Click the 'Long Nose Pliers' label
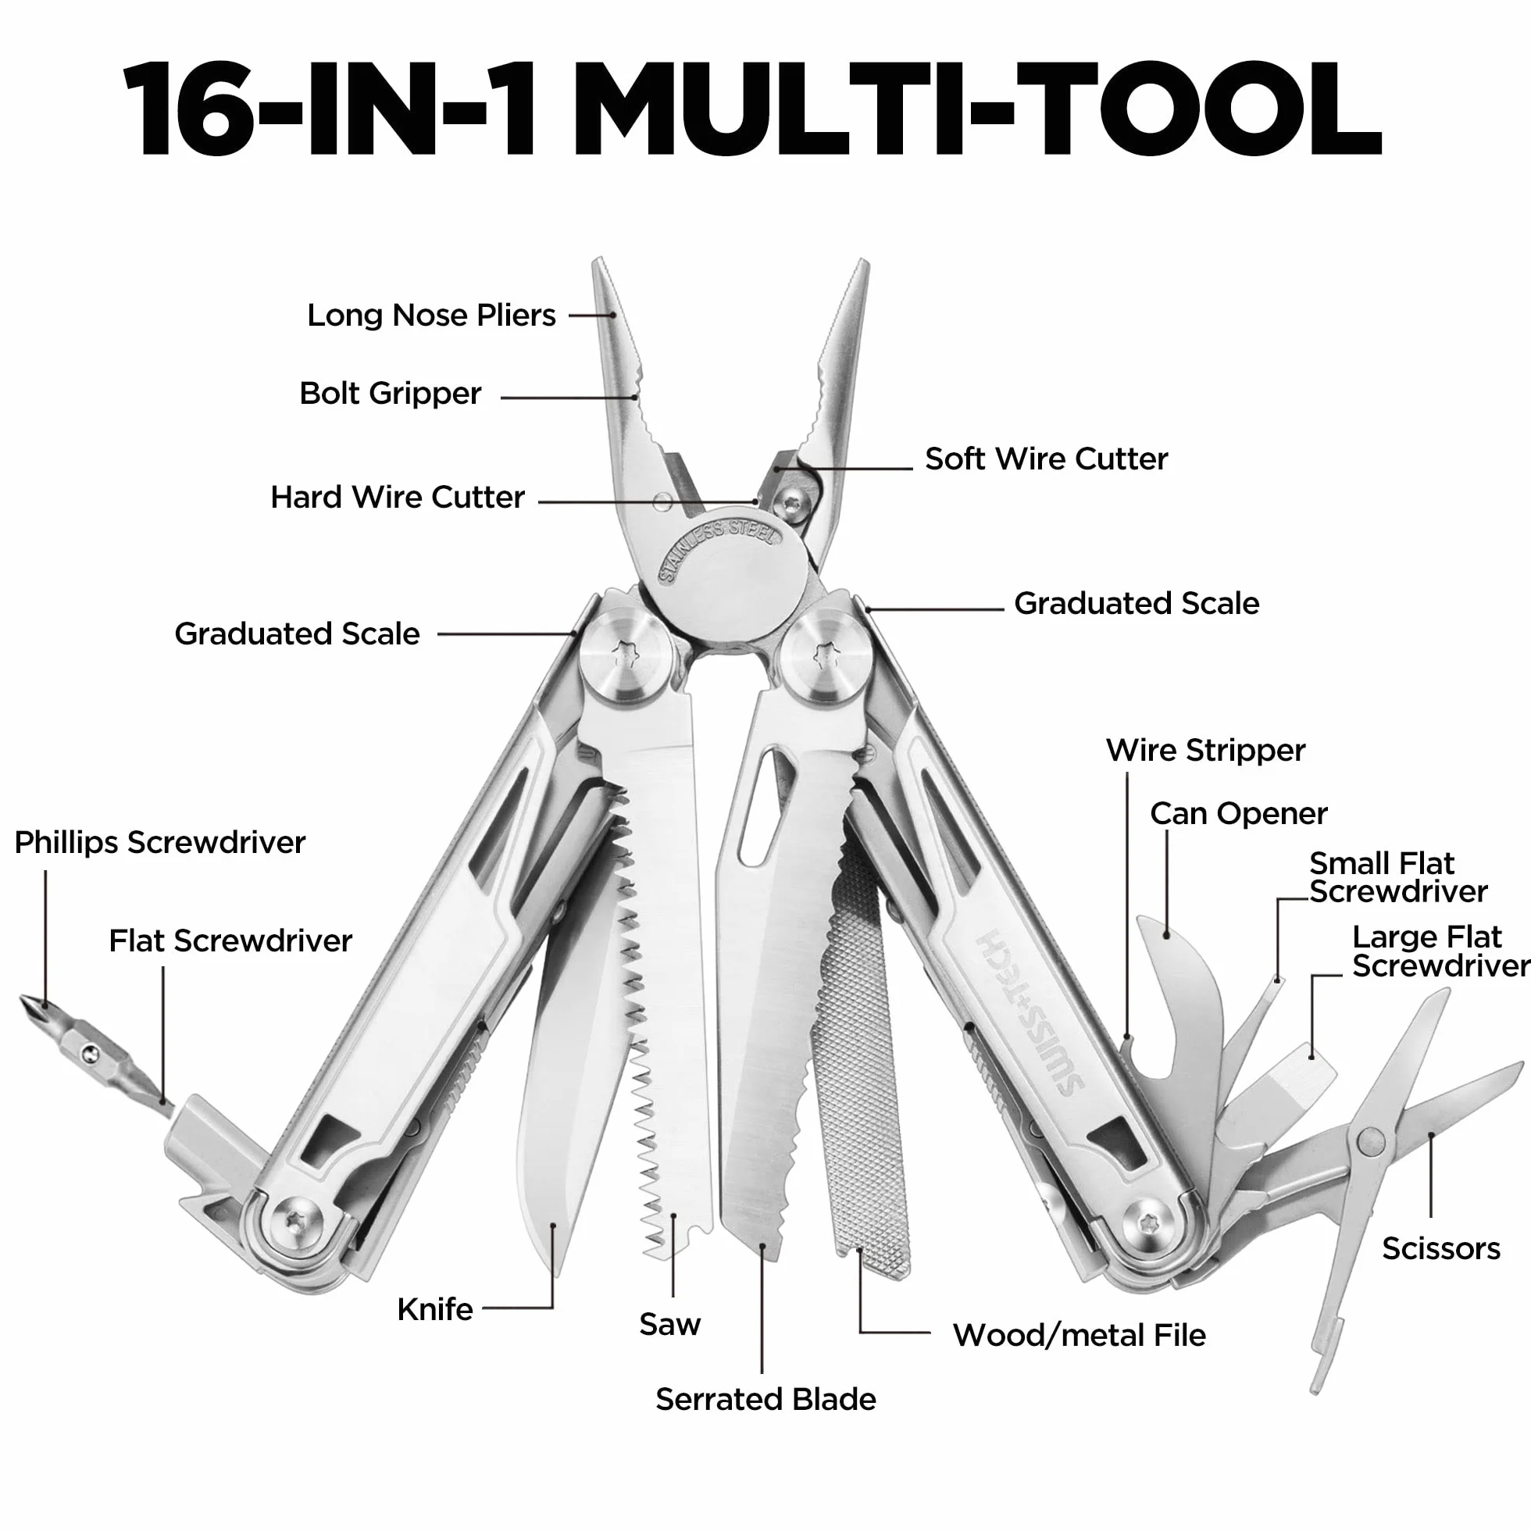pyautogui.click(x=431, y=316)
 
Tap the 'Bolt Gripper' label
pyautogui.click(x=390, y=393)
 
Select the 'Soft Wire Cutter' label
pyautogui.click(x=1046, y=459)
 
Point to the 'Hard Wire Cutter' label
pyautogui.click(x=397, y=497)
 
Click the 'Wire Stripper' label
pyautogui.click(x=1205, y=750)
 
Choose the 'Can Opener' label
pyautogui.click(x=1239, y=814)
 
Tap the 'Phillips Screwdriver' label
pyautogui.click(x=160, y=842)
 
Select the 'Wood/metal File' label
pyautogui.click(x=1080, y=1335)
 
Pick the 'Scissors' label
pyautogui.click(x=1440, y=1248)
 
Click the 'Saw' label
pyautogui.click(x=669, y=1324)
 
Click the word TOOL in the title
pyautogui.click(x=1201, y=109)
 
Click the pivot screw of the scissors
pyautogui.click(x=1370, y=1142)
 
